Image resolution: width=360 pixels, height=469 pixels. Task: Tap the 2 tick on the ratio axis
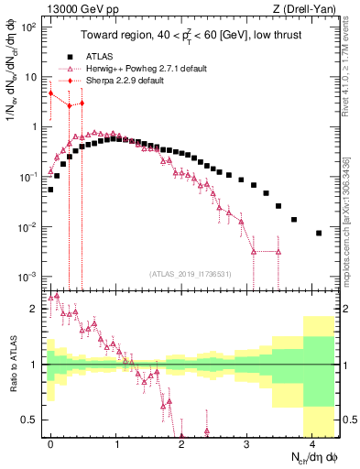(x=34, y=309)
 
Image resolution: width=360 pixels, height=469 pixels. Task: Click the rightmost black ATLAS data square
(x=318, y=233)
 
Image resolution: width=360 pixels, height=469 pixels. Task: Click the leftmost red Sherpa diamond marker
(x=51, y=93)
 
